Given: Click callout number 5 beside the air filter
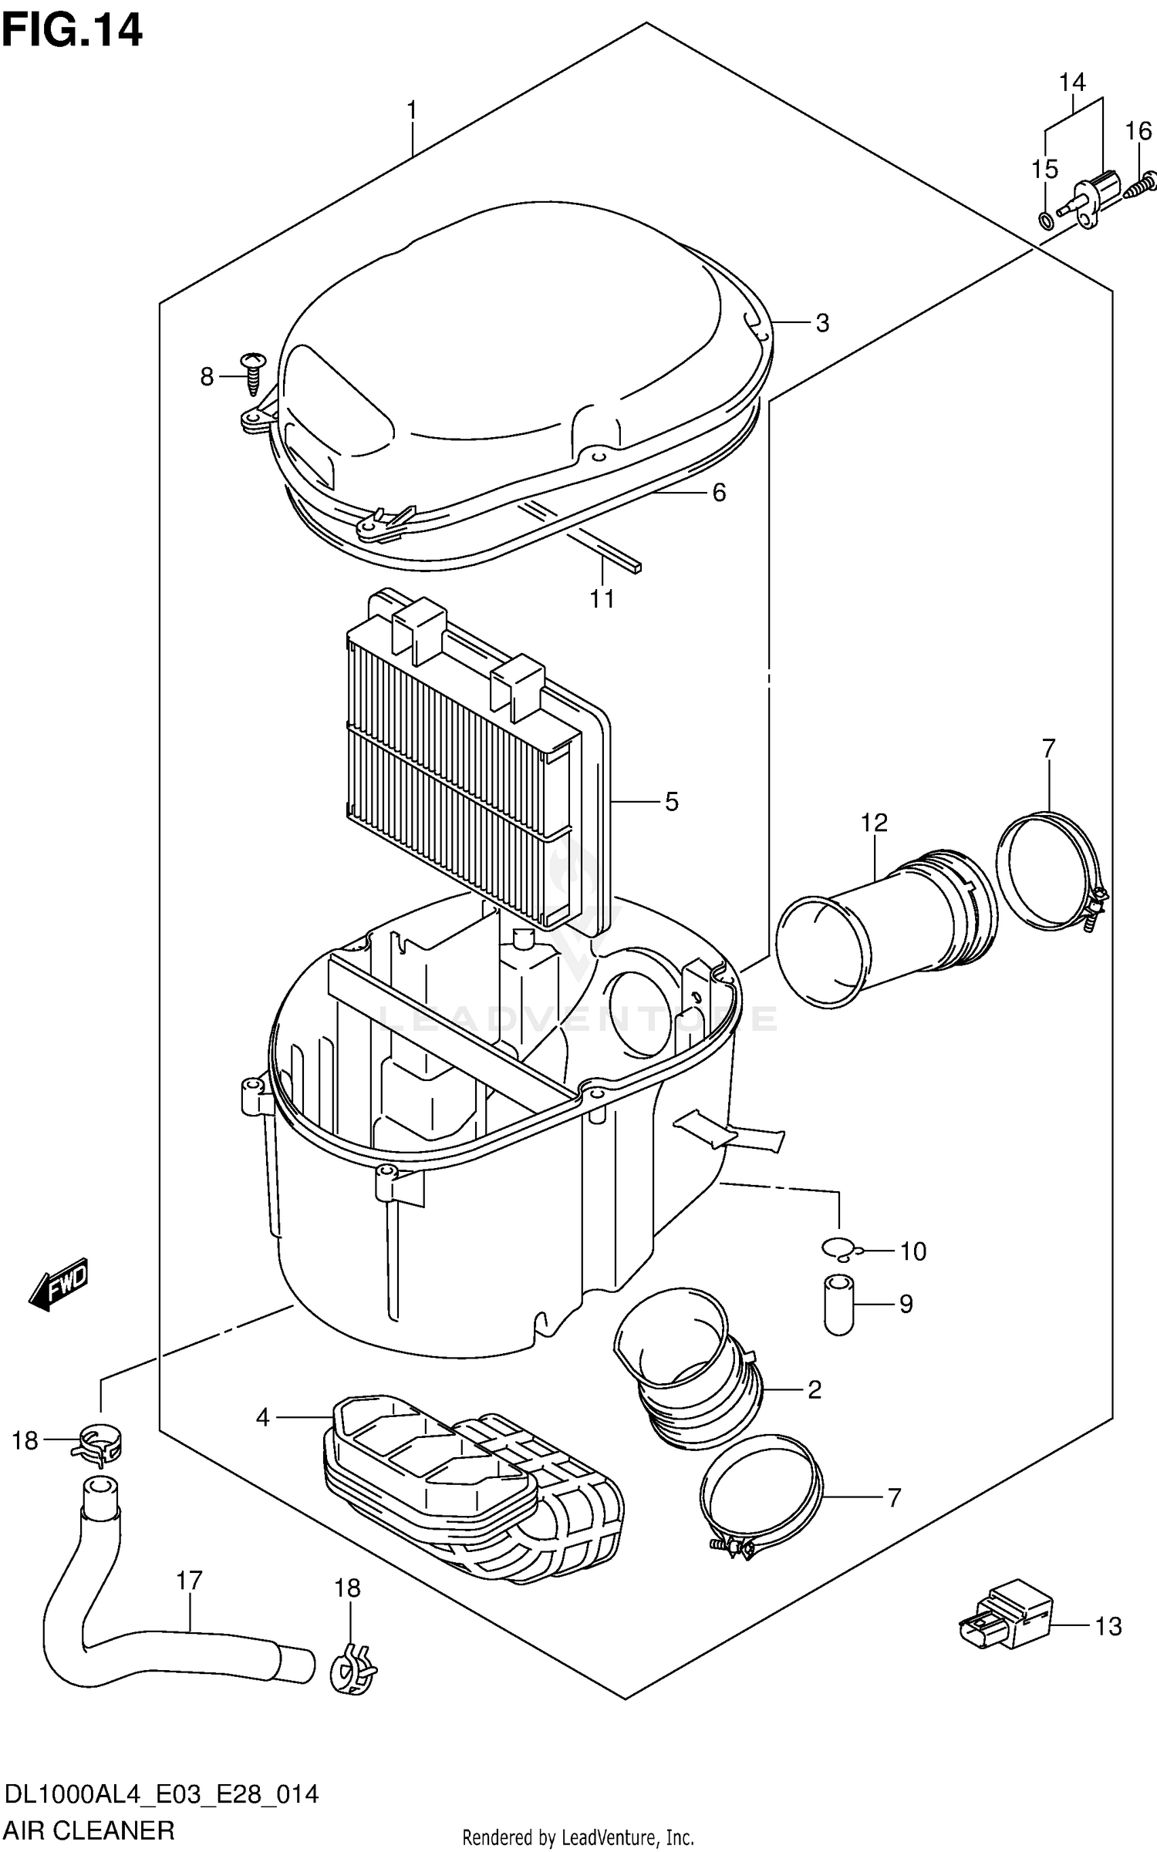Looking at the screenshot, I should point(671,802).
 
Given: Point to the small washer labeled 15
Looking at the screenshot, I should point(1046,221).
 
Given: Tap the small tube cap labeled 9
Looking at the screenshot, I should point(838,1304).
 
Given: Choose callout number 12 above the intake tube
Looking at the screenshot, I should point(874,823).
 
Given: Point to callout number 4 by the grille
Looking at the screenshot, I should point(262,1417).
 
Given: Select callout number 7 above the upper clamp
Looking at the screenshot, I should point(1048,748).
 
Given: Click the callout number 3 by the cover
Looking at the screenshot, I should point(822,323).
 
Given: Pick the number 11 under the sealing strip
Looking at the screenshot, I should point(602,598).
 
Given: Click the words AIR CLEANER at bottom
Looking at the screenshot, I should point(89,1829).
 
